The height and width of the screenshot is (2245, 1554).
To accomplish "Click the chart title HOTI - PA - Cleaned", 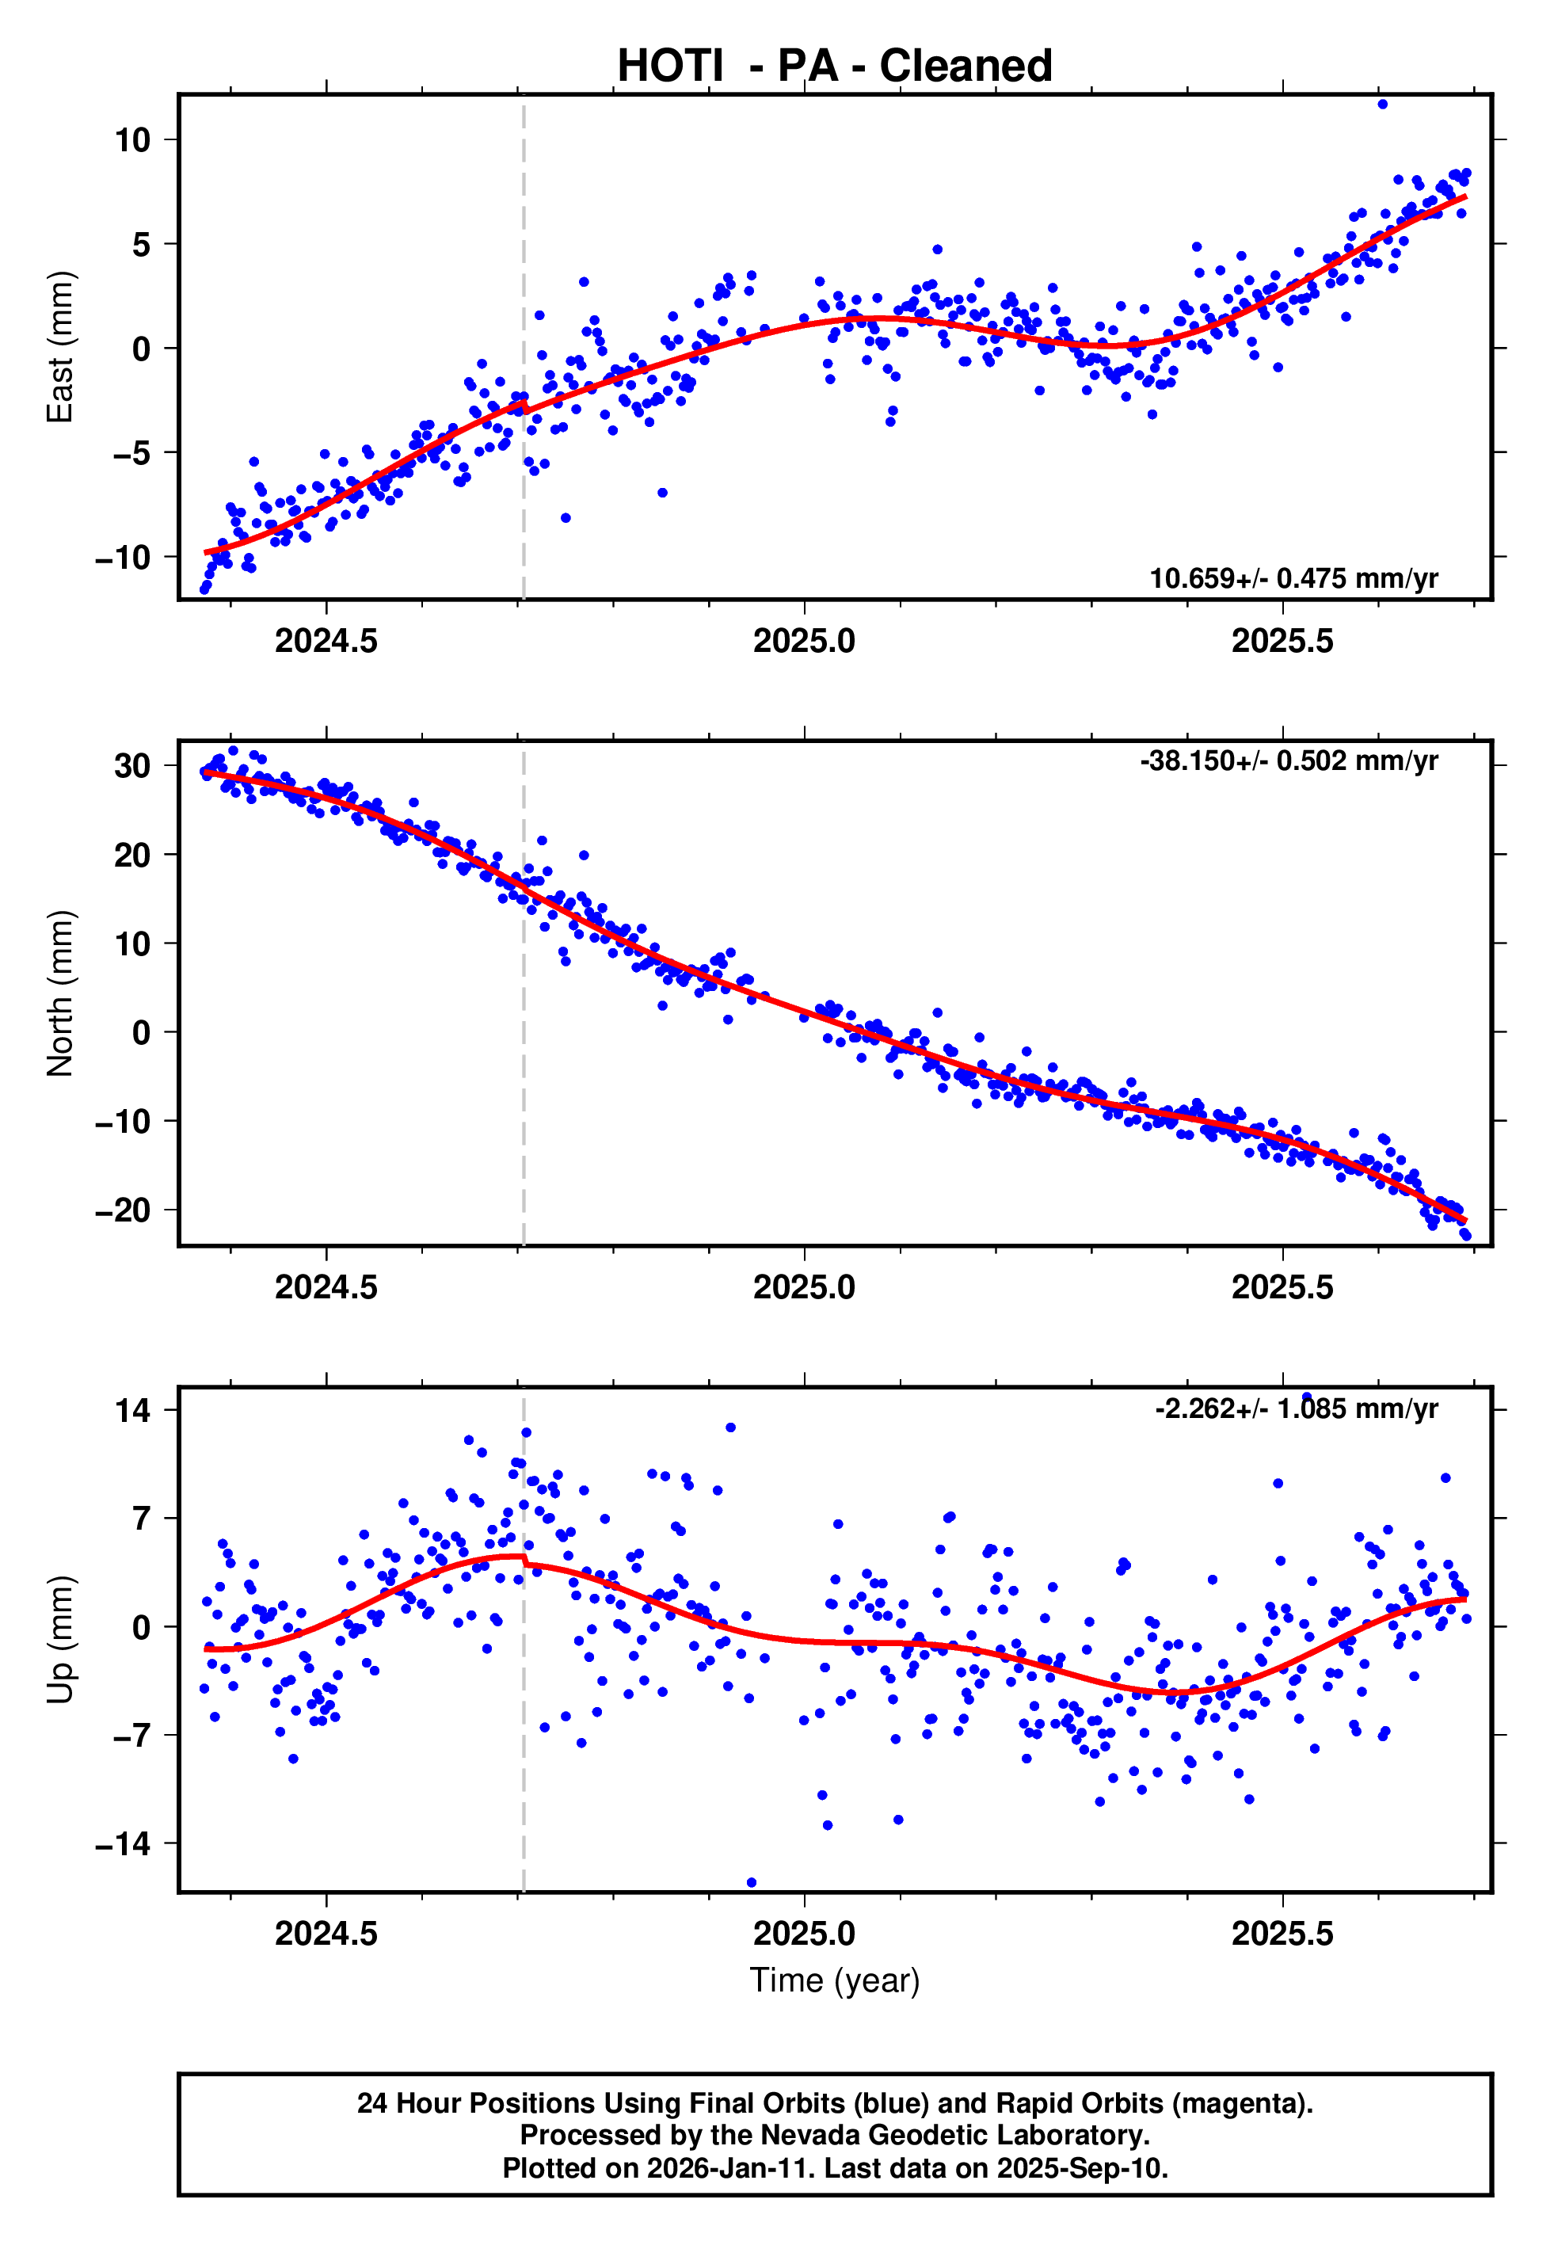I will [835, 67].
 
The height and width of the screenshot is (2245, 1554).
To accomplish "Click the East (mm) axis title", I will [60, 347].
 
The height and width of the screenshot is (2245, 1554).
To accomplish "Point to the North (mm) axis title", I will [60, 993].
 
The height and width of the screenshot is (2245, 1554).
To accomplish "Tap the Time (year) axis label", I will [835, 1980].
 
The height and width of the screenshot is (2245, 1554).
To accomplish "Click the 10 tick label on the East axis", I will [132, 140].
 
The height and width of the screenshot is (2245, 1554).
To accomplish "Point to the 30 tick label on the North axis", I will [132, 766].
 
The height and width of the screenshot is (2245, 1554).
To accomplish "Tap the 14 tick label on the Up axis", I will [132, 1410].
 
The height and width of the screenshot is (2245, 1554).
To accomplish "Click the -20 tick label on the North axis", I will [123, 1210].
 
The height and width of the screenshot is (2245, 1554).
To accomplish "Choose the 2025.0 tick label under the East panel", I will [803, 641].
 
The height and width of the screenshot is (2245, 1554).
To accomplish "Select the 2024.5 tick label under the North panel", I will [326, 1287].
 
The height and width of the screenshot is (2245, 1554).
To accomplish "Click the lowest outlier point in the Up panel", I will [751, 1883].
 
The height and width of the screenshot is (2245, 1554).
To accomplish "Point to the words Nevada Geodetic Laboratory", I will [954, 2136].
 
